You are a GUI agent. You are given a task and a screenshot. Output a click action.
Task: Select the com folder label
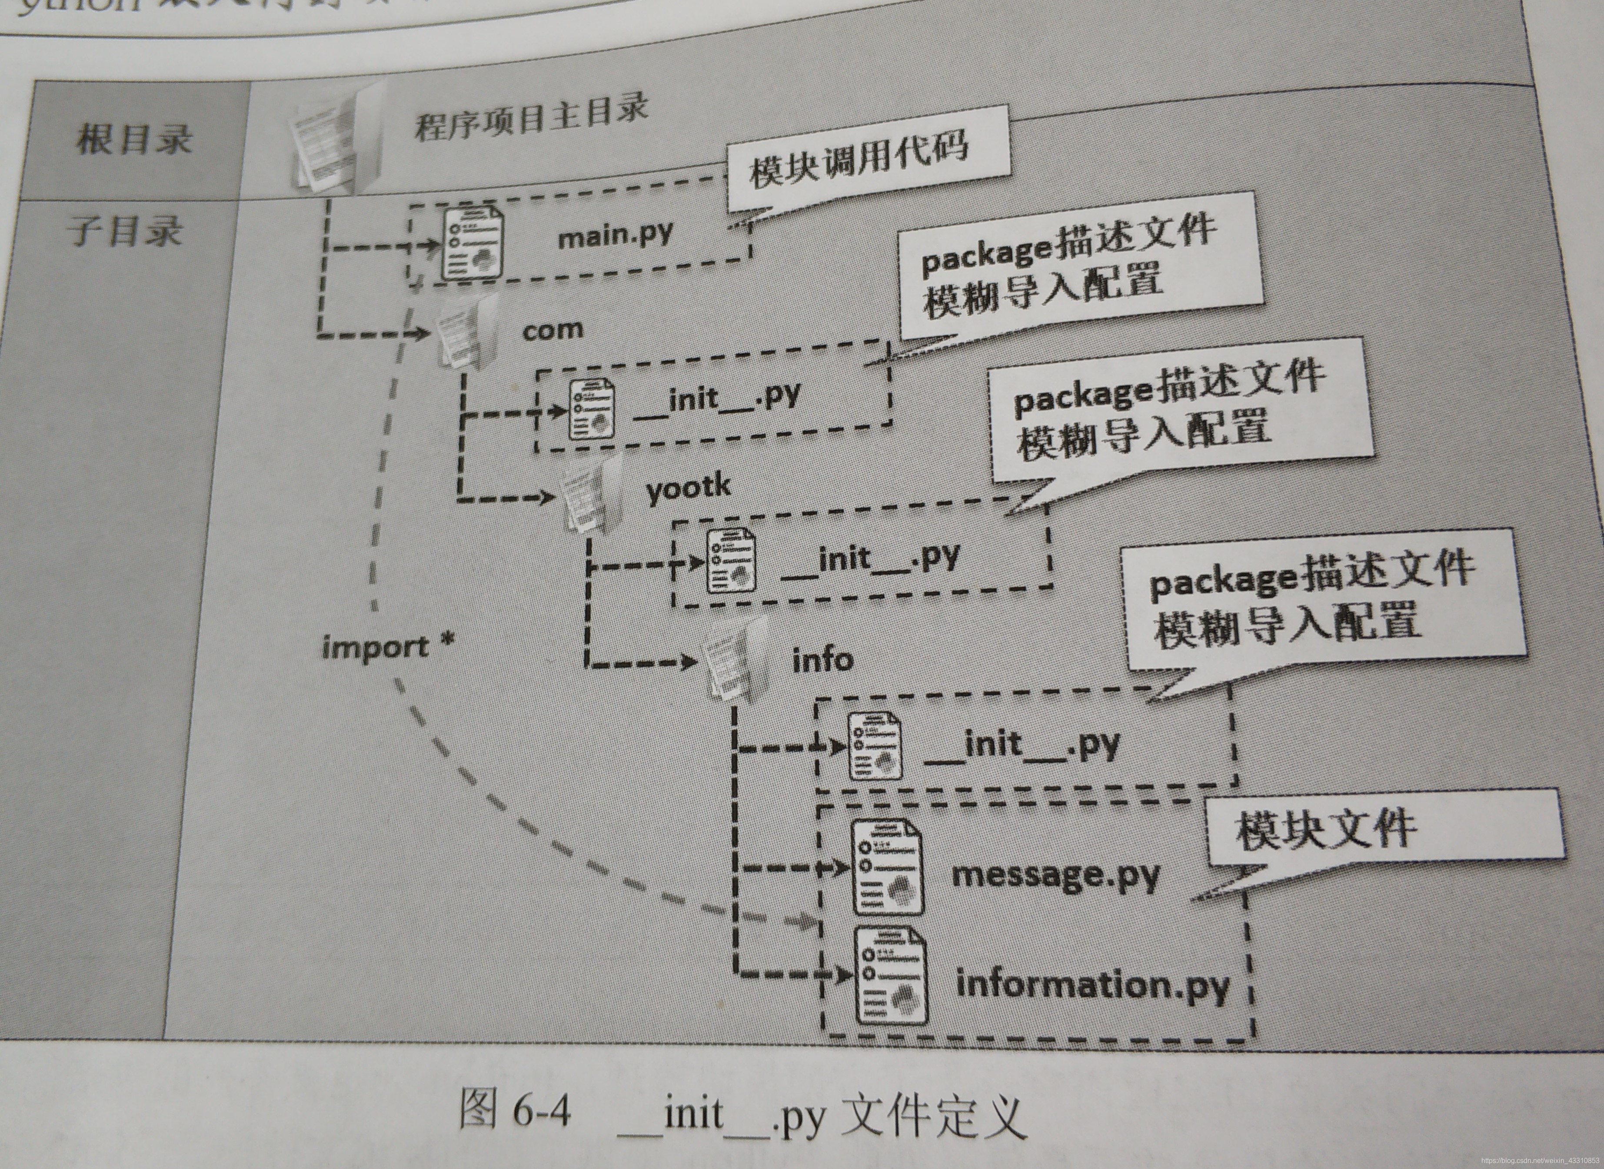(x=552, y=330)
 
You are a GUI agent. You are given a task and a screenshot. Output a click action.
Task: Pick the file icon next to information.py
(x=891, y=976)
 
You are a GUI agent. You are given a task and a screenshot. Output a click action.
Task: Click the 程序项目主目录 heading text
(x=531, y=117)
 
